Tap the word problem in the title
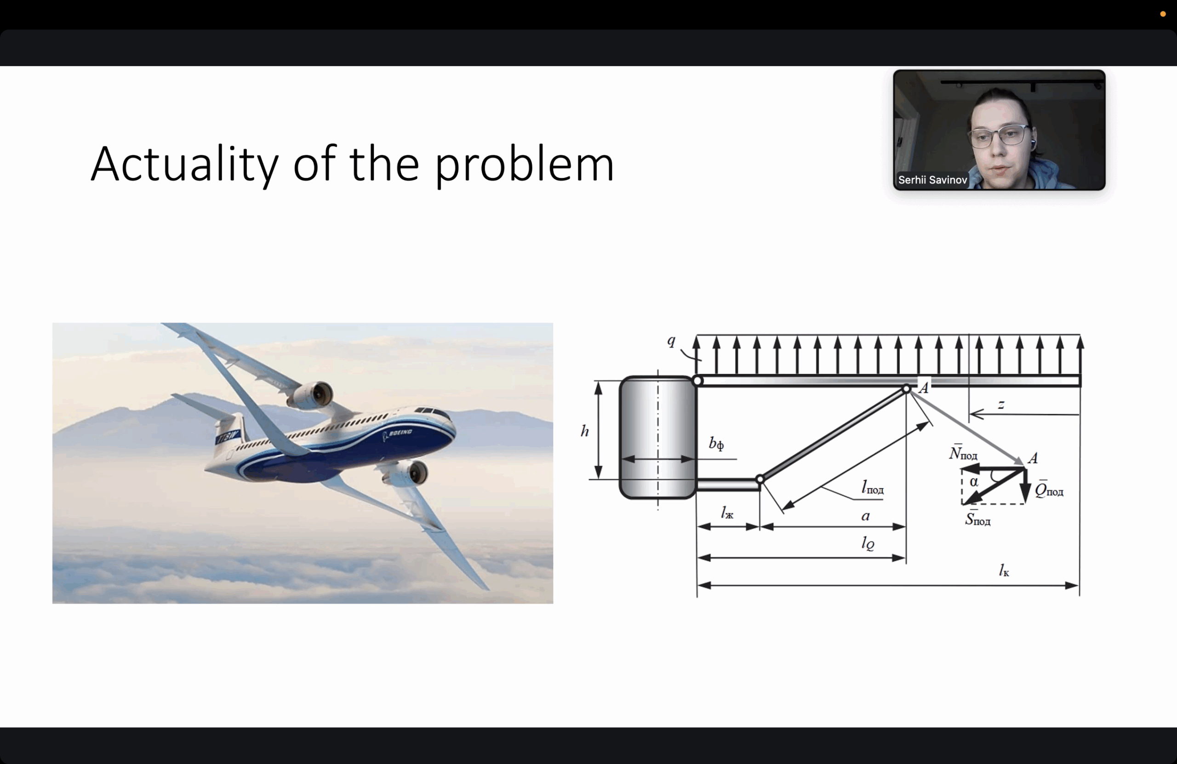pyautogui.click(x=524, y=165)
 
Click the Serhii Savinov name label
pyautogui.click(x=932, y=180)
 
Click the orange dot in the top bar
pyautogui.click(x=1163, y=14)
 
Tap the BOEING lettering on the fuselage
pyautogui.click(x=400, y=433)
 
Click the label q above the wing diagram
pyautogui.click(x=671, y=341)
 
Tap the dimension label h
pyautogui.click(x=584, y=431)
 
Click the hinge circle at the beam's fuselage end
pyautogui.click(x=698, y=381)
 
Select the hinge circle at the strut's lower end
pyautogui.click(x=760, y=479)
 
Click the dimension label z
pyautogui.click(x=1001, y=405)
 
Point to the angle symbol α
pyautogui.click(x=974, y=482)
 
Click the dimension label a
pyautogui.click(x=865, y=516)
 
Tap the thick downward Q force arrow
pyautogui.click(x=1025, y=485)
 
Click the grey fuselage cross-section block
pyautogui.click(x=658, y=438)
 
